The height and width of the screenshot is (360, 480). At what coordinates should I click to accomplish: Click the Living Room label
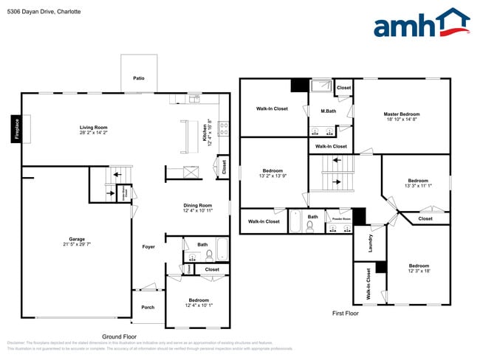94,128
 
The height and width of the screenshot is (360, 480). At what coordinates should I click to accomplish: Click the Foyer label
148,246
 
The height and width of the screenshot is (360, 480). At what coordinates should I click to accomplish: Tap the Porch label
148,307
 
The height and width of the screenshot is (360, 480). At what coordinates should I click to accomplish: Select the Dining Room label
198,205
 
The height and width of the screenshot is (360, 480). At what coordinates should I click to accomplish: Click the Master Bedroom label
402,114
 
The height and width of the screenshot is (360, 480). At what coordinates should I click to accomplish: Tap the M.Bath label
329,111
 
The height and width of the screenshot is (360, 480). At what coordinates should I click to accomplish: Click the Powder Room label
341,219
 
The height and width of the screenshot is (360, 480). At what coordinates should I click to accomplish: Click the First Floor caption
345,314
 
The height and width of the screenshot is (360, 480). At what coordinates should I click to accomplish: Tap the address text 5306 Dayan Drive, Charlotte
44,12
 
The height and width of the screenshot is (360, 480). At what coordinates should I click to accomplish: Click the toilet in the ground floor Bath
209,255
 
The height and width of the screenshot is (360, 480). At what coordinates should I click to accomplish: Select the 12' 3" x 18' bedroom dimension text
418,271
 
